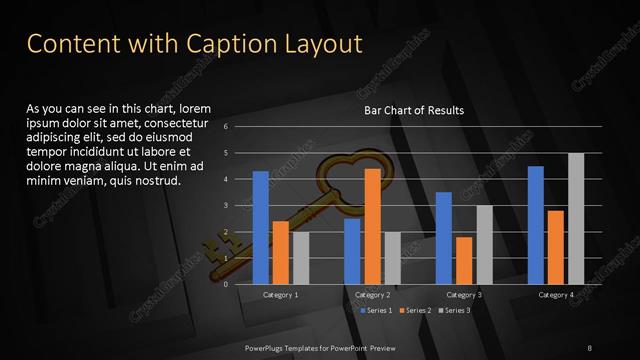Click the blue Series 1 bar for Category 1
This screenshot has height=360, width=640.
point(260,228)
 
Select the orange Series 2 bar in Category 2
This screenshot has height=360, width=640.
point(372,226)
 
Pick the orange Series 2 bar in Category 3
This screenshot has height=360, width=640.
point(464,260)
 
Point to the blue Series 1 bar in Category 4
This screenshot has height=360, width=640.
point(536,225)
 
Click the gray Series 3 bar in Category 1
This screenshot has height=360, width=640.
point(301,258)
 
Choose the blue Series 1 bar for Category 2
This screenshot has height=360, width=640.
point(352,251)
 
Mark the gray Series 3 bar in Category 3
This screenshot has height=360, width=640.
point(484,245)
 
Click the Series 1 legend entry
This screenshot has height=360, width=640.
point(377,311)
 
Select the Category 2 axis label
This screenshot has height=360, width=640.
point(372,295)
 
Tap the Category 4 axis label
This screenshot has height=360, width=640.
point(556,295)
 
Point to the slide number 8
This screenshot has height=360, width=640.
point(589,346)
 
